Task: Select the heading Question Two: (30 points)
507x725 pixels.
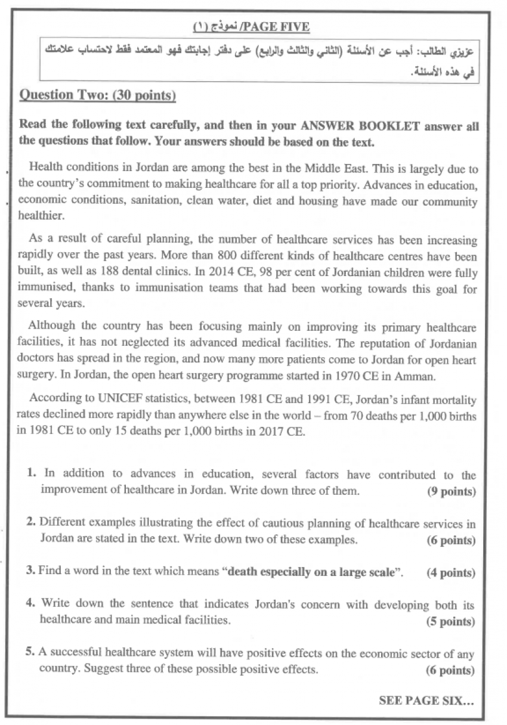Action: pos(97,95)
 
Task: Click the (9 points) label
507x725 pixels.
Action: pos(451,491)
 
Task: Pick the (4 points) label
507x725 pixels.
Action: pos(451,573)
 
